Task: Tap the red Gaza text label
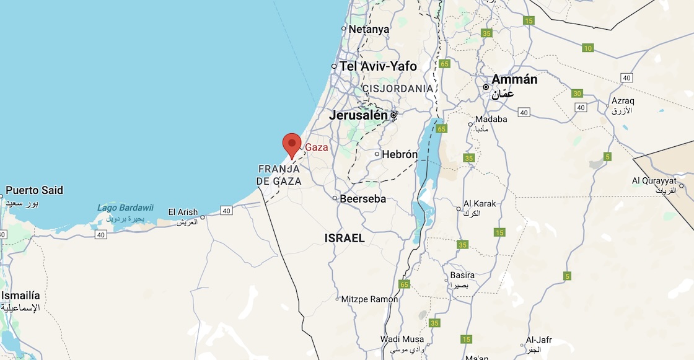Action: pyautogui.click(x=317, y=147)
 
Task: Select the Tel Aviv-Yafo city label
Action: pyautogui.click(x=378, y=66)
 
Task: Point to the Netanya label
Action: pyautogui.click(x=369, y=29)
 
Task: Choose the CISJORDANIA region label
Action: pyautogui.click(x=398, y=89)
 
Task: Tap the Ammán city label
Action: pyautogui.click(x=514, y=80)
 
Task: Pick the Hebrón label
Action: pyautogui.click(x=400, y=154)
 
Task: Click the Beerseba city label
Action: pyautogui.click(x=362, y=199)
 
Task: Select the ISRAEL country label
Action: pyautogui.click(x=345, y=238)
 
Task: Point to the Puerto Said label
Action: pyautogui.click(x=35, y=190)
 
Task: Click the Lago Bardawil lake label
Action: pyautogui.click(x=125, y=208)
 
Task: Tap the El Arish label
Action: pyautogui.click(x=183, y=213)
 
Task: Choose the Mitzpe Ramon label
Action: pyautogui.click(x=369, y=299)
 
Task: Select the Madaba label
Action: pyautogui.click(x=491, y=119)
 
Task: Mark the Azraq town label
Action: pyautogui.click(x=623, y=100)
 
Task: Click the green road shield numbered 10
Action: pyautogui.click(x=588, y=48)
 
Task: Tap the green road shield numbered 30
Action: pyautogui.click(x=578, y=94)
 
